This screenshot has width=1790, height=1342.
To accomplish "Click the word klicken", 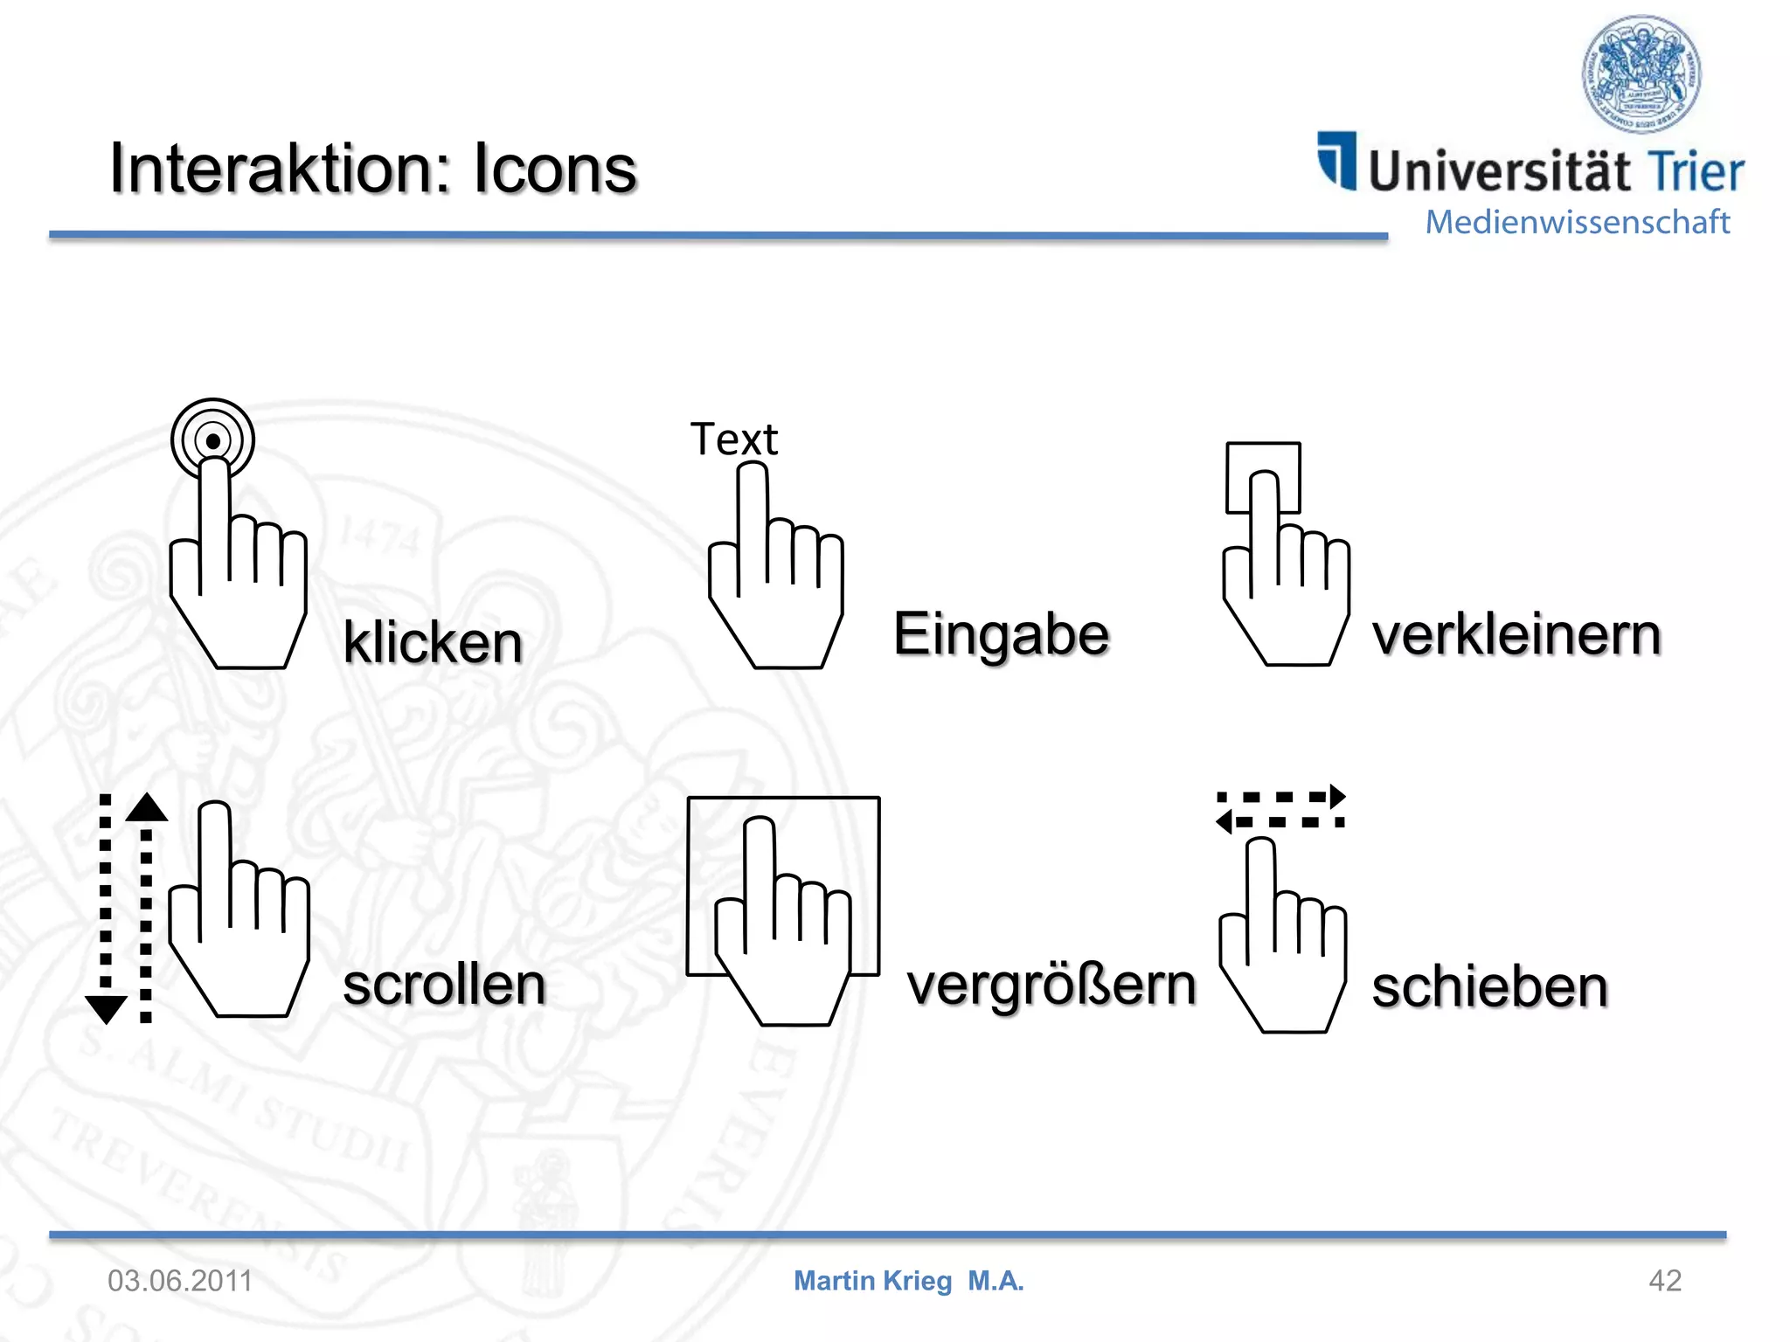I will [433, 642].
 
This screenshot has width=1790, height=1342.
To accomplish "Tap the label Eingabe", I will [1001, 635].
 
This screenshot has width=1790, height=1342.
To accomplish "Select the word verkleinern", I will [1516, 635].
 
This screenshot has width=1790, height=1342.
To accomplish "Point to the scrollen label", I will [444, 985].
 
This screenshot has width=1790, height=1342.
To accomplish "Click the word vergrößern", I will [1051, 986].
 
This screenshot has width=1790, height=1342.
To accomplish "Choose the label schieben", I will [1489, 987].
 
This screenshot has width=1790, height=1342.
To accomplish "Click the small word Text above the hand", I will [733, 439].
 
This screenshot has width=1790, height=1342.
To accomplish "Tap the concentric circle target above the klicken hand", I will [212, 439].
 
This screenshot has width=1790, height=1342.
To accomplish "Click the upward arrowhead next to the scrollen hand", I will [147, 807].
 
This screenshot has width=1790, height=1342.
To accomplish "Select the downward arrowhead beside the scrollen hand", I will [107, 1009].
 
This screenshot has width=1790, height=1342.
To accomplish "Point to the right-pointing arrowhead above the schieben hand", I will [1336, 796].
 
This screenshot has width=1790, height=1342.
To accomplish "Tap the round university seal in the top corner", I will [1641, 73].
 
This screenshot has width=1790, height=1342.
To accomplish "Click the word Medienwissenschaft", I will [1577, 222].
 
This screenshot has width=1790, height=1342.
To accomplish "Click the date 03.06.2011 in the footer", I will [180, 1281].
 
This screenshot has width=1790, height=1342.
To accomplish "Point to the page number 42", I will [1664, 1281].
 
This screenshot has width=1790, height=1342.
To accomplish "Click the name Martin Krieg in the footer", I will [872, 1281].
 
